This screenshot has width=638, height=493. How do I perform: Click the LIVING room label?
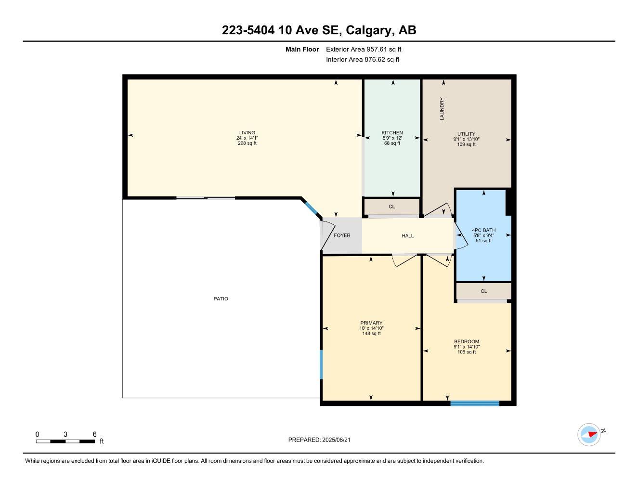247,133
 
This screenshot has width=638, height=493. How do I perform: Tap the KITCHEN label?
392,133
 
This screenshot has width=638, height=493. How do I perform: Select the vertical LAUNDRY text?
442,109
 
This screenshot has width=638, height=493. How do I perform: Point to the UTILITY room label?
466,134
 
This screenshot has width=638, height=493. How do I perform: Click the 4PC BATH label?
483,230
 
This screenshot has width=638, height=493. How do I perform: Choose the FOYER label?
342,235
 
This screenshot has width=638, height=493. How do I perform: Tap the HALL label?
407,235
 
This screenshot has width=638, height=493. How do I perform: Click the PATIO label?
221,299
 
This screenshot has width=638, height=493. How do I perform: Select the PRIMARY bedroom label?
371,323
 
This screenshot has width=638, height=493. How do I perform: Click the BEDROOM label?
466,342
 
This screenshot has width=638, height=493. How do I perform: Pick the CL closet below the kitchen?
391,207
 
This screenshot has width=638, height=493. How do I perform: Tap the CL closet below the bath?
483,291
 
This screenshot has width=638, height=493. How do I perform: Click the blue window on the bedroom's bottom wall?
475,403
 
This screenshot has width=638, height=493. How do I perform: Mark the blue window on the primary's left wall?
321,364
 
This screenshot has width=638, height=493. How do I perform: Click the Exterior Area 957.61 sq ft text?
364,49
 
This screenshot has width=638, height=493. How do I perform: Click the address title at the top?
319,30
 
